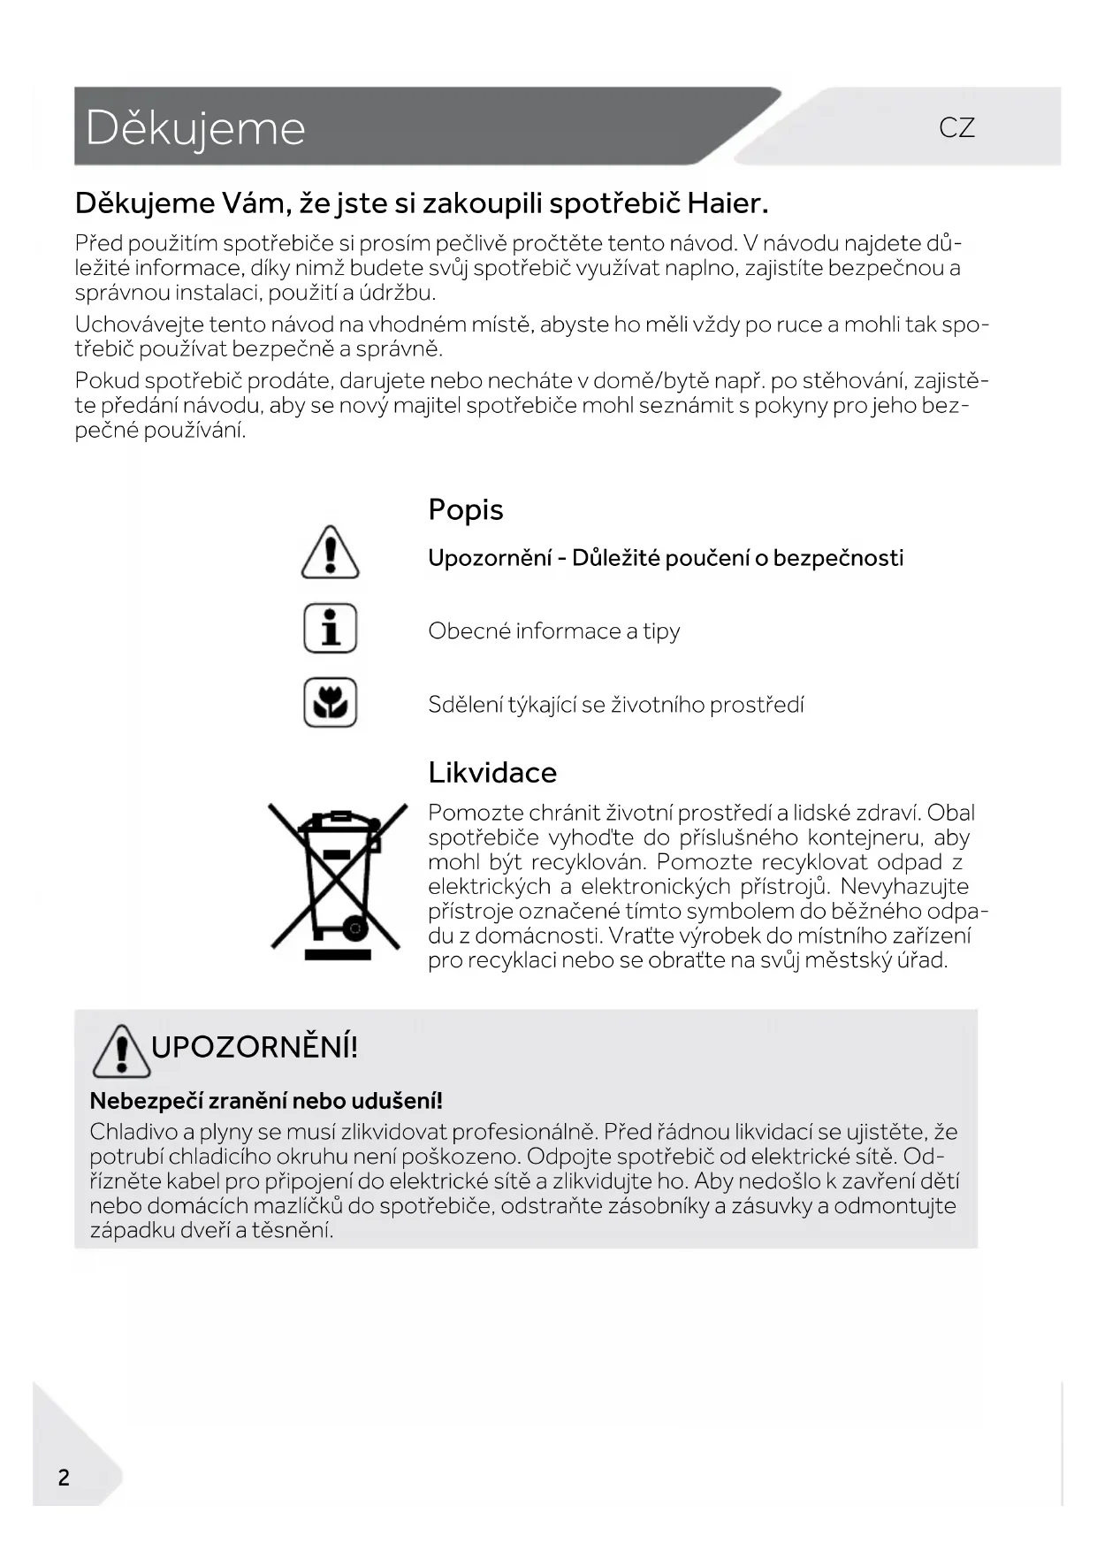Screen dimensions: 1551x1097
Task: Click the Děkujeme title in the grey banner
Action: [195, 129]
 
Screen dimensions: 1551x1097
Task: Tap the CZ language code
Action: [956, 128]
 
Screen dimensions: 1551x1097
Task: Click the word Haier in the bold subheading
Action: [728, 203]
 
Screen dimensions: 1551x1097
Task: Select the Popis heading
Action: [465, 510]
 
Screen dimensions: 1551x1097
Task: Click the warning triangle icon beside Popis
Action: [330, 553]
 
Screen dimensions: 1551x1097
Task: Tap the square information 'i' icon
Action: [330, 629]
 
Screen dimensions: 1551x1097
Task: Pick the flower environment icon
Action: [330, 702]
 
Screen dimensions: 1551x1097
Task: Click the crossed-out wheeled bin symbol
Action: [337, 875]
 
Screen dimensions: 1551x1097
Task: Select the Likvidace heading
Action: [492, 773]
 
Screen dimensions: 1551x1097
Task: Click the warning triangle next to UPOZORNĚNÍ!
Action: [121, 1051]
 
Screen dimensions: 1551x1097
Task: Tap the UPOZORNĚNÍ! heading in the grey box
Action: [255, 1047]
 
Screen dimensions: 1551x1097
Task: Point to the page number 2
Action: [64, 1477]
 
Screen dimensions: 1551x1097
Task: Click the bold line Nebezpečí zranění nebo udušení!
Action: [266, 1101]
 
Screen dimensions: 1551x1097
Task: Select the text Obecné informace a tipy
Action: [554, 631]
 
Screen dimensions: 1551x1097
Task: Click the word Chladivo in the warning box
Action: [129, 1132]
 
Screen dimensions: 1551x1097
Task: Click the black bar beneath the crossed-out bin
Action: [337, 954]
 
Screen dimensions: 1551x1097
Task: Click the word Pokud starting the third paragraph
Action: [107, 381]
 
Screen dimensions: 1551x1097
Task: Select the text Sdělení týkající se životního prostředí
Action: [616, 705]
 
